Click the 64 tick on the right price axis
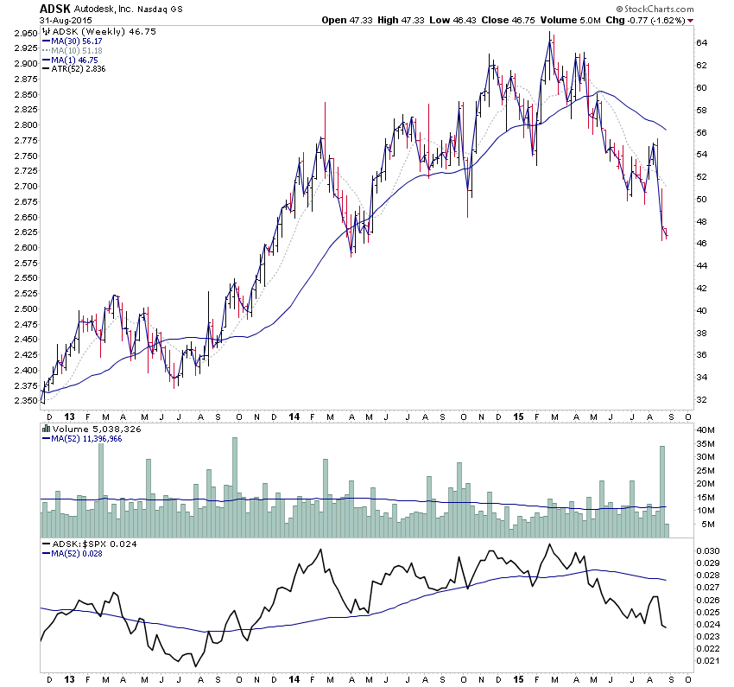point(702,42)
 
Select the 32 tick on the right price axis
point(702,399)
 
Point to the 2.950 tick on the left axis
point(24,33)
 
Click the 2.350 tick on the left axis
point(24,401)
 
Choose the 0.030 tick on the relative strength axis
point(707,550)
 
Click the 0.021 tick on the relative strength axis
point(707,661)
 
